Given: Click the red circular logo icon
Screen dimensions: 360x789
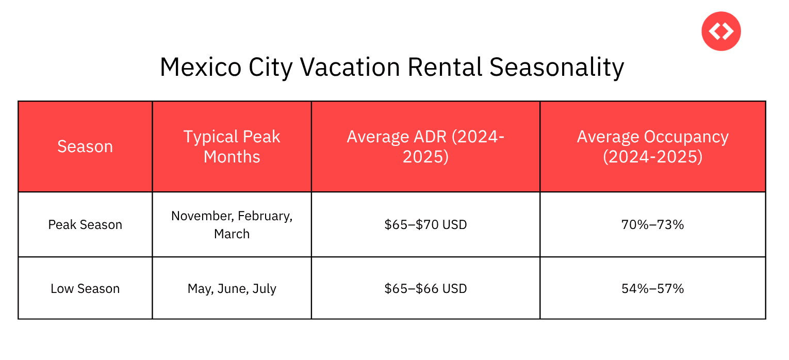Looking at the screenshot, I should click(x=721, y=31).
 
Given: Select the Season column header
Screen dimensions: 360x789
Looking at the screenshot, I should click(x=85, y=146).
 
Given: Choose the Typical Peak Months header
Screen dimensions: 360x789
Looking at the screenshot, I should click(x=232, y=146).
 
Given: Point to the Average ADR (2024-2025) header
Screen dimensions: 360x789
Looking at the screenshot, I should click(x=425, y=146).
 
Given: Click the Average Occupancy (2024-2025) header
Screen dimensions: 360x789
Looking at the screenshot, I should click(x=652, y=146).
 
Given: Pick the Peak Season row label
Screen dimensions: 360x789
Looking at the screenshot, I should click(x=85, y=225).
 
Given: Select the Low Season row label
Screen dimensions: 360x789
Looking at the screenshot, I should click(x=85, y=288).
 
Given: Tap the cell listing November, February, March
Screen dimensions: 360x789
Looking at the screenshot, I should click(x=232, y=225).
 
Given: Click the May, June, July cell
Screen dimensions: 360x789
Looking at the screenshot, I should click(x=232, y=288).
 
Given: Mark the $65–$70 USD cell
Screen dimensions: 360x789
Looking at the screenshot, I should click(x=425, y=225).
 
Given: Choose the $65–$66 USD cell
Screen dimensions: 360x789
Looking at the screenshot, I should click(x=425, y=288).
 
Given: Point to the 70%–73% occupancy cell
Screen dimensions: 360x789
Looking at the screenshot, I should click(x=652, y=225).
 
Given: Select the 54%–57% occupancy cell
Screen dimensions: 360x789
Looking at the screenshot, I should click(x=652, y=288).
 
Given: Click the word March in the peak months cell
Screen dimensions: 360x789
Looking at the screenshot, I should click(x=232, y=234).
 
